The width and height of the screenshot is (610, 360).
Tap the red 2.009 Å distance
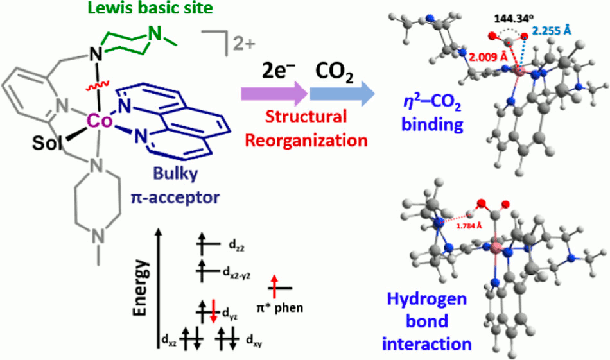[471, 56]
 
